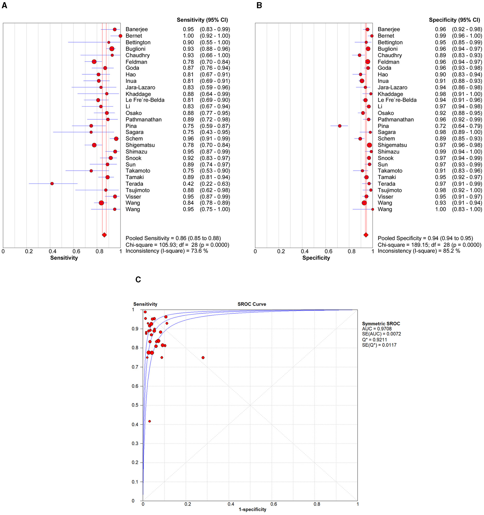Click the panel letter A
4,5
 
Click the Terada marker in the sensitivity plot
52,184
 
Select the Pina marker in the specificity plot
340,126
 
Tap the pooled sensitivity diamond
104,235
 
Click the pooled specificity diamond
366,235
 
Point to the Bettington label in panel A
138,42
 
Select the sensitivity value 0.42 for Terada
188,184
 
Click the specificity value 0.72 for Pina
440,126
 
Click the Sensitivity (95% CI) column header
202,20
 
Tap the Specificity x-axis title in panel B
316,258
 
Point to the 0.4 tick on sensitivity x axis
53,251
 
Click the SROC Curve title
252,304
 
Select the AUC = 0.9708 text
377,329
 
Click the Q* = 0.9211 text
374,340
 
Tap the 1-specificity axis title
252,509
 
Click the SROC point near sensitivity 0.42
149,421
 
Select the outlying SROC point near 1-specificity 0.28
203,358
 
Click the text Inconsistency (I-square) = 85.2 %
419,251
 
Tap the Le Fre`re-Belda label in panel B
397,100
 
